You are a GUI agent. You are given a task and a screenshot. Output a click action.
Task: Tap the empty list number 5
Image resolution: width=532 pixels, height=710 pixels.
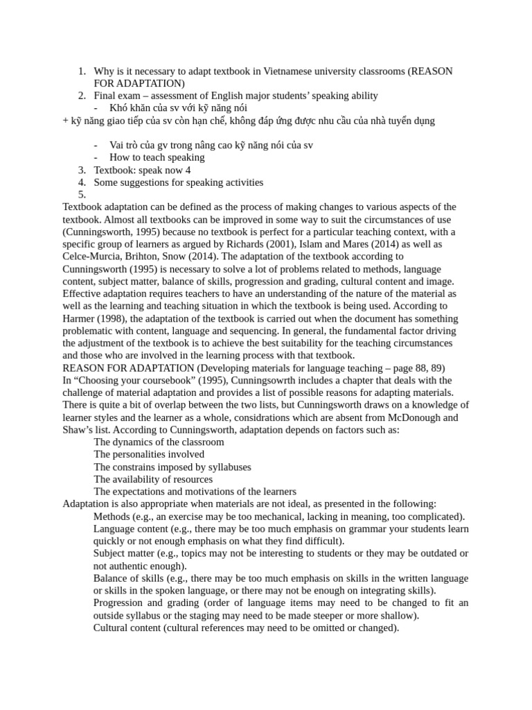(82, 195)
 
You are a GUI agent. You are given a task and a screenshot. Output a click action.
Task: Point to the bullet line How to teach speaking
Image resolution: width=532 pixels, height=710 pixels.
(157, 157)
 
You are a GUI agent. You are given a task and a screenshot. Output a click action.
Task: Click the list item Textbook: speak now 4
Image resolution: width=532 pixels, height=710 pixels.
(142, 170)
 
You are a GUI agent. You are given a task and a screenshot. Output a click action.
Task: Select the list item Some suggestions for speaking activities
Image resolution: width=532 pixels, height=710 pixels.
(178, 182)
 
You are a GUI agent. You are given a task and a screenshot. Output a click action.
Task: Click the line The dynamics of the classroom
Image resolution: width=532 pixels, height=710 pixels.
(159, 442)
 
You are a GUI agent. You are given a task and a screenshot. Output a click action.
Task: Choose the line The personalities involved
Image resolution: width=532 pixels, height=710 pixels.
(149, 454)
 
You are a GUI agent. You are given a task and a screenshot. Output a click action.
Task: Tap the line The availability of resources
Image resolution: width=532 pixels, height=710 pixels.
(153, 479)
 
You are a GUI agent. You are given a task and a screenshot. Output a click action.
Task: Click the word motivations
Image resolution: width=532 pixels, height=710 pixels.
(213, 492)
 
